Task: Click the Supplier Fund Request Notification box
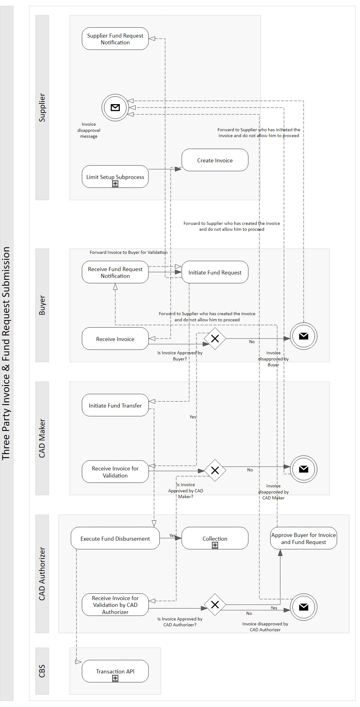point(115,39)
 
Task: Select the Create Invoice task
point(215,160)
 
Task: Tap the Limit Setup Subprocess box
point(115,177)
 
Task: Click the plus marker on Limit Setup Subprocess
point(115,184)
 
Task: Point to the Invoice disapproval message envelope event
point(115,108)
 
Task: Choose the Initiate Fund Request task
point(215,272)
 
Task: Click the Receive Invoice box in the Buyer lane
point(115,339)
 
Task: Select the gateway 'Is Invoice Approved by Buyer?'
point(215,339)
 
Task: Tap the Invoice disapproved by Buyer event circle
point(304,336)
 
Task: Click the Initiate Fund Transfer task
point(115,405)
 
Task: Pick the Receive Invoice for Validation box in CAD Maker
point(115,472)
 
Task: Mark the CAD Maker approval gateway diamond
point(215,470)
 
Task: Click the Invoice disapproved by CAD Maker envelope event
point(304,469)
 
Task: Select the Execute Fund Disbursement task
point(115,538)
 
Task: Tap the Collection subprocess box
point(215,538)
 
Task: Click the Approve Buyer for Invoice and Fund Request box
point(304,538)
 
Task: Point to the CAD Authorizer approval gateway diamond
point(215,605)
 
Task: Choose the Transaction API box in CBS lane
point(115,671)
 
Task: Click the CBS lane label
point(42,671)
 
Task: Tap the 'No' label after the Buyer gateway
point(252,342)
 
